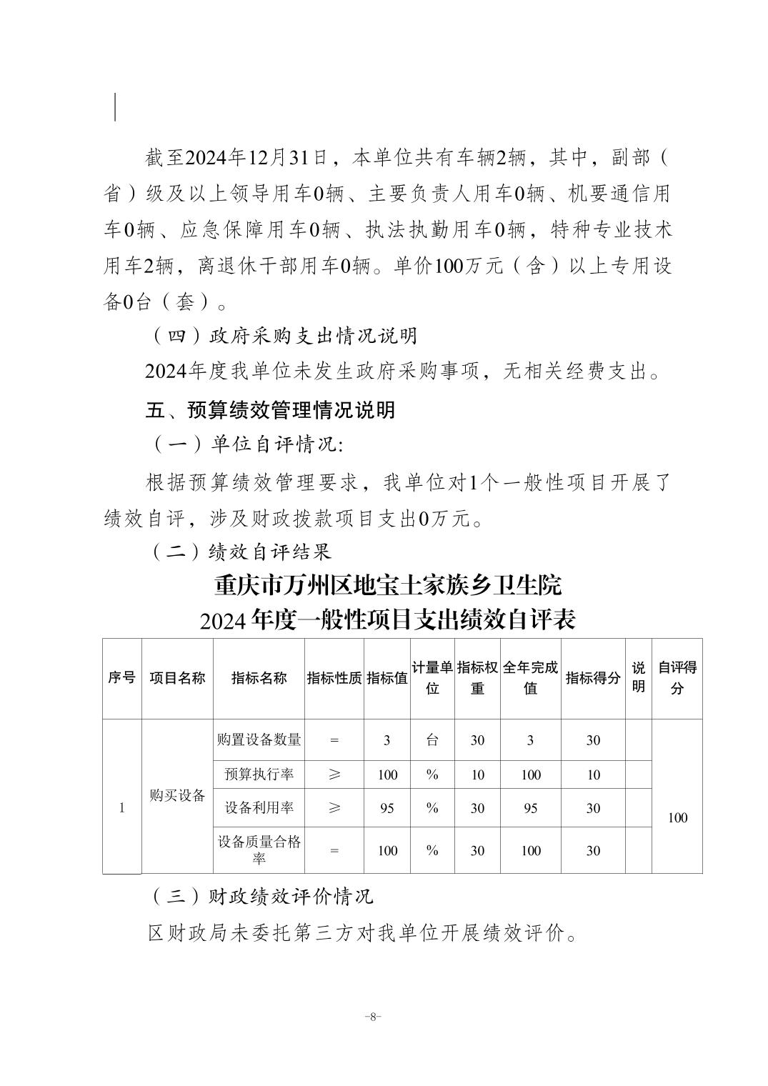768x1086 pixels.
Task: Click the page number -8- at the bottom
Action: [373, 1017]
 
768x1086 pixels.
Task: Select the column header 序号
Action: [121, 678]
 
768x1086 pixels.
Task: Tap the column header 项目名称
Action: [177, 678]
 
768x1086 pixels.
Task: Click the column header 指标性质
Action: [334, 678]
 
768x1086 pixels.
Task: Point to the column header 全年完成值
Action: [530, 678]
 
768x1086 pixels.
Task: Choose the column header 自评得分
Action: [677, 678]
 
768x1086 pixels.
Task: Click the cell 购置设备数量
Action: [259, 740]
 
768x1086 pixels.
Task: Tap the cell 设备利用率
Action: [259, 808]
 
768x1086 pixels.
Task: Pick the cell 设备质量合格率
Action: [259, 850]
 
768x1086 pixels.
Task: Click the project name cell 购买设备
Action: [177, 796]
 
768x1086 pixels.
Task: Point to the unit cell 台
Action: [432, 740]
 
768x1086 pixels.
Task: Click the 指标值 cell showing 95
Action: [387, 808]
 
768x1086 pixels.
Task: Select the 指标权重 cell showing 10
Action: [477, 774]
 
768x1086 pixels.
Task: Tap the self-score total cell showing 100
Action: [677, 817]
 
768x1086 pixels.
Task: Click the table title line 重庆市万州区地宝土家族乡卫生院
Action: [388, 586]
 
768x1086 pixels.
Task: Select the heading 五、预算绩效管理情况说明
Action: [270, 410]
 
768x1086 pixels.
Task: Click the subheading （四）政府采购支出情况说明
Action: [284, 336]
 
